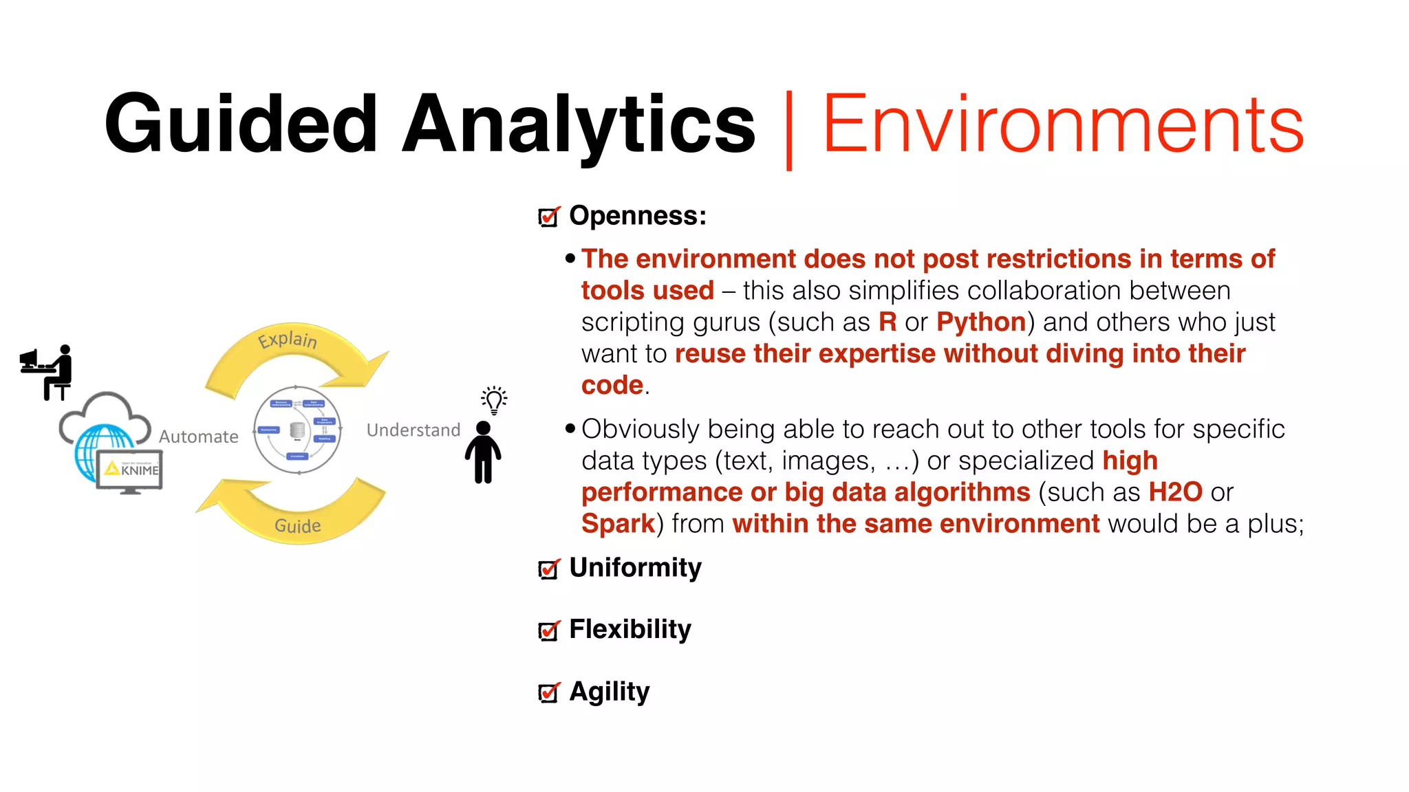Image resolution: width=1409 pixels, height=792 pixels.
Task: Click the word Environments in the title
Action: pyautogui.click(x=1063, y=125)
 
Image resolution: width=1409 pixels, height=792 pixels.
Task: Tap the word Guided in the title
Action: pyautogui.click(x=241, y=125)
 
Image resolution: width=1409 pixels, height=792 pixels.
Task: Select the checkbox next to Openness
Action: pyautogui.click(x=548, y=217)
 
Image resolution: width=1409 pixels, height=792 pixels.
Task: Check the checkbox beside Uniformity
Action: pyautogui.click(x=548, y=569)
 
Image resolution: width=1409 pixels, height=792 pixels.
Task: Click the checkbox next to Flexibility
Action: pyautogui.click(x=548, y=630)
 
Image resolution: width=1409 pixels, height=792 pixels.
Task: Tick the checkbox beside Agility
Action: pyautogui.click(x=548, y=692)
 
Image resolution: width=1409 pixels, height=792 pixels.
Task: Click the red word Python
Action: pyautogui.click(x=981, y=322)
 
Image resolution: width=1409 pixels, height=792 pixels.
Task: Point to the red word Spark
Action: pyautogui.click(x=618, y=524)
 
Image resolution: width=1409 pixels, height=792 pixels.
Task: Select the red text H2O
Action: pyautogui.click(x=1175, y=492)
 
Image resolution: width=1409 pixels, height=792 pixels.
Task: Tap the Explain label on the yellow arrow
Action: pyautogui.click(x=288, y=340)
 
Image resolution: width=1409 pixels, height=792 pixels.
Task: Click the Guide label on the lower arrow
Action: pyautogui.click(x=297, y=526)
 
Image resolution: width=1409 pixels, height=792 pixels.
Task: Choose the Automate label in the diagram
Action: pyautogui.click(x=198, y=437)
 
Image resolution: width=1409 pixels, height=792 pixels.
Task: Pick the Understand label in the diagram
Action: pyautogui.click(x=413, y=430)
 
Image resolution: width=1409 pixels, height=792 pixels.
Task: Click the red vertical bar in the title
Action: pyautogui.click(x=788, y=129)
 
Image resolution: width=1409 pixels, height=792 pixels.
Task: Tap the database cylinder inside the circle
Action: pyautogui.click(x=297, y=430)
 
